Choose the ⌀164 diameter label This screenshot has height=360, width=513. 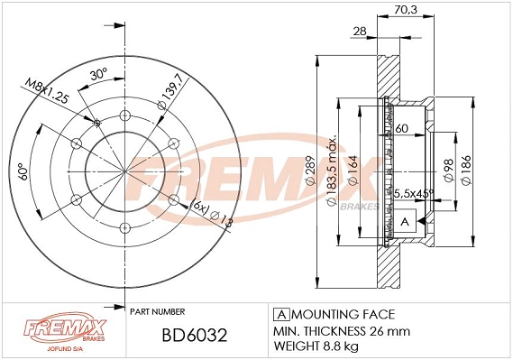(353, 168)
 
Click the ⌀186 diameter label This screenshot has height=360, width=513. (468, 168)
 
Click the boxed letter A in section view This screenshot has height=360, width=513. (404, 222)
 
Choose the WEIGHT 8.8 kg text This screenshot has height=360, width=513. (316, 345)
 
